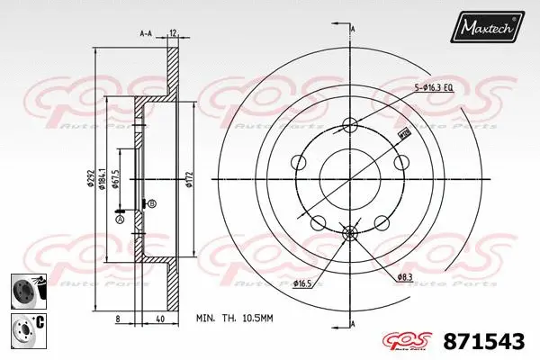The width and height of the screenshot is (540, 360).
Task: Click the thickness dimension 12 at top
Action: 172,33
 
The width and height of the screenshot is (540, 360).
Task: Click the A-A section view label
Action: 145,33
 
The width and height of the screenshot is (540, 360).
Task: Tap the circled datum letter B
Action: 151,204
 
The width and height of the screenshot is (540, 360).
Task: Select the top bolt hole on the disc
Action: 351,124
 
